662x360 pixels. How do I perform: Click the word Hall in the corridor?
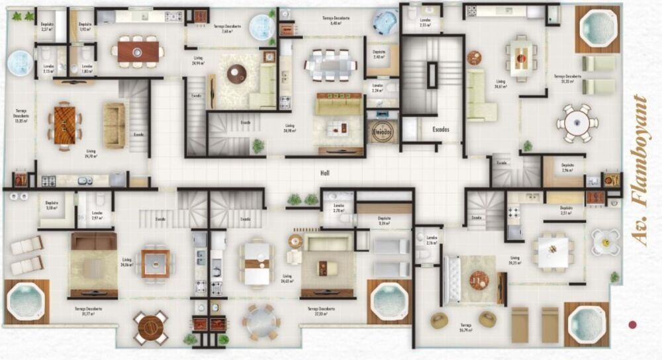(324, 173)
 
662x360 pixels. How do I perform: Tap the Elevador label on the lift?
(382, 132)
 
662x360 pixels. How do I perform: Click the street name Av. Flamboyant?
(639, 170)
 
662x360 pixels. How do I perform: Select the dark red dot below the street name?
(632, 324)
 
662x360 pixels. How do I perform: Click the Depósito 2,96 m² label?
(567, 168)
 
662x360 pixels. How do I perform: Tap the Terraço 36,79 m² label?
(466, 327)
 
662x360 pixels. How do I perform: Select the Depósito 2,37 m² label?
(46, 27)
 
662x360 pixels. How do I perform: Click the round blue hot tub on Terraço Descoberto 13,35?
(20, 64)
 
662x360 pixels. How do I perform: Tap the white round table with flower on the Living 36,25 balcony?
(605, 242)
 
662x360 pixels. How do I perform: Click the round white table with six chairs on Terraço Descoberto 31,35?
(577, 122)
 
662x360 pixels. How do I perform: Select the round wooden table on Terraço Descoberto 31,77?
(151, 327)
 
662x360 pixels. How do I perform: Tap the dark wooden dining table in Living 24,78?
(65, 126)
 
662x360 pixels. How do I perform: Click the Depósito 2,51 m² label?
(564, 210)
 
